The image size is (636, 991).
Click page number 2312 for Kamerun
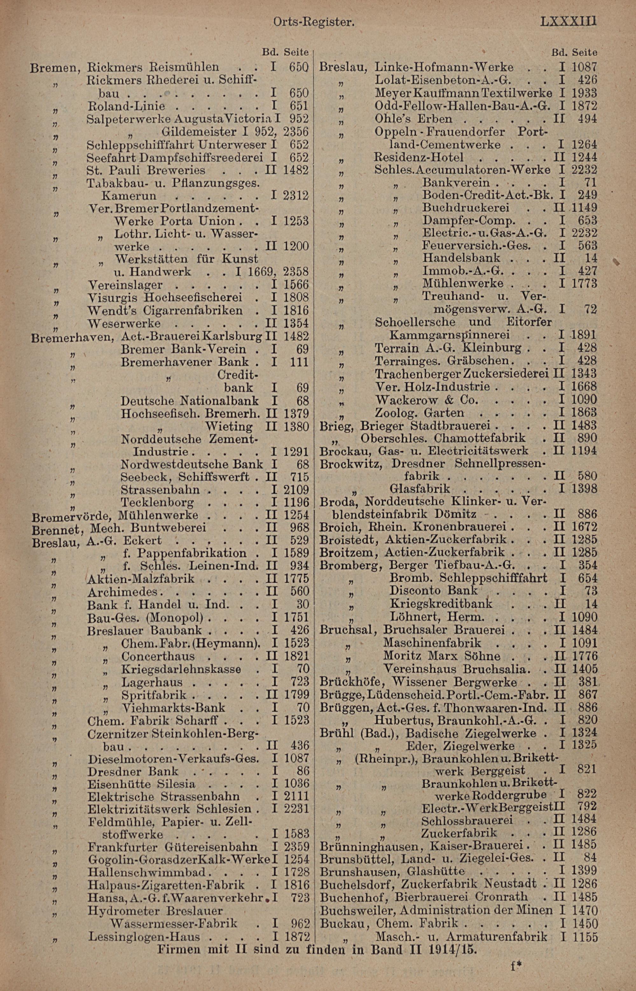click(x=296, y=195)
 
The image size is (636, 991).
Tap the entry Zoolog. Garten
click(x=419, y=413)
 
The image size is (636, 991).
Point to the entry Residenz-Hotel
click(x=419, y=157)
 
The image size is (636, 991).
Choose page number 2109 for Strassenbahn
click(x=296, y=490)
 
